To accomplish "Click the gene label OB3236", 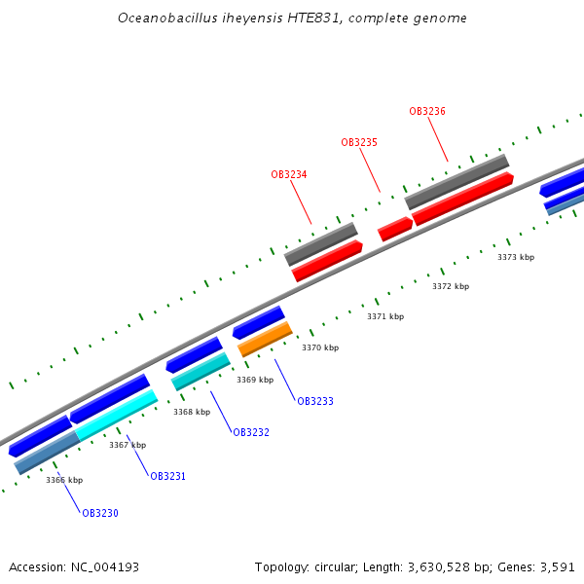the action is [x=427, y=111].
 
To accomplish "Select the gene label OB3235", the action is [x=359, y=142].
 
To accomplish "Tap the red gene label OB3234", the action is [x=289, y=174].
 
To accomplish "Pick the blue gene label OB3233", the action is [x=315, y=401].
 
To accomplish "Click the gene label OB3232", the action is [x=251, y=432].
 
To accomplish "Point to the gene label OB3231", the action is [x=167, y=476].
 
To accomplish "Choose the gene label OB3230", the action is [x=100, y=513].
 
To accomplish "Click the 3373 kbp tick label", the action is [x=516, y=257].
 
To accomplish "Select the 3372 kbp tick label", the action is [x=451, y=286].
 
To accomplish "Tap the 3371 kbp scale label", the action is [x=385, y=316].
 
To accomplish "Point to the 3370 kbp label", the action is [x=320, y=347].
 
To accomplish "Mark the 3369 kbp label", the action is [x=255, y=380].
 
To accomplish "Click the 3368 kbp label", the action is [x=192, y=412].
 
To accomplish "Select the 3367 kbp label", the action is [x=128, y=445].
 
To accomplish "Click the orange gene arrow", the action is [x=265, y=338].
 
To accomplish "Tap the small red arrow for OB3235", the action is [x=395, y=229].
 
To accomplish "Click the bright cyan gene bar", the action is [x=116, y=415].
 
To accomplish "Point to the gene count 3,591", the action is [x=559, y=566].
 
